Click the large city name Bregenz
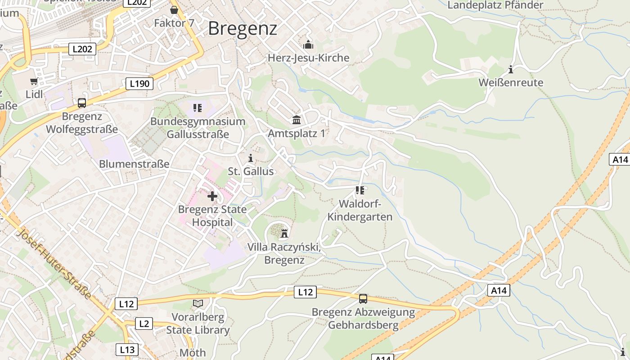[x=242, y=29]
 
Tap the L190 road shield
[x=139, y=83]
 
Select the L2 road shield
[x=144, y=323]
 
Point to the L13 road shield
[x=127, y=349]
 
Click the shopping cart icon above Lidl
[x=34, y=81]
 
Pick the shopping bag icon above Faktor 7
[x=174, y=10]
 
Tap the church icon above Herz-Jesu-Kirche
[x=308, y=45]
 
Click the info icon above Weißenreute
[x=511, y=70]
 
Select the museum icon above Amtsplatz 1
[x=297, y=120]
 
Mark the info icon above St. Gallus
[x=251, y=158]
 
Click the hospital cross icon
[x=212, y=196]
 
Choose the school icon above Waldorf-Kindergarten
[x=360, y=190]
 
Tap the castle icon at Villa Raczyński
[x=284, y=234]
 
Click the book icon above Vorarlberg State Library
[x=198, y=304]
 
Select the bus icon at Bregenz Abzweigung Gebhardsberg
[x=363, y=298]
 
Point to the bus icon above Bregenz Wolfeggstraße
[x=82, y=103]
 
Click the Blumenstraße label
[x=134, y=164]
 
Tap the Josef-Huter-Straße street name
[x=54, y=264]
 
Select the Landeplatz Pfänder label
[x=495, y=5]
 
